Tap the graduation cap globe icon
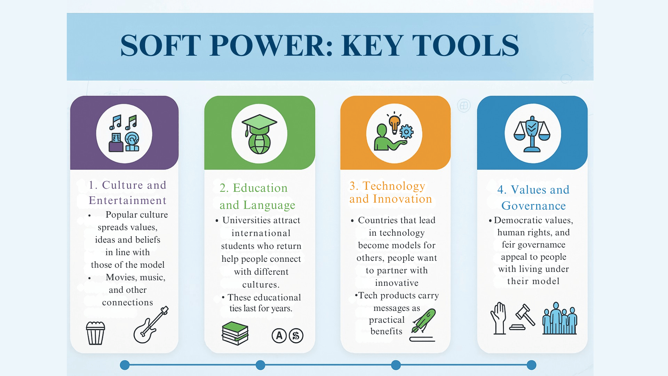pyautogui.click(x=259, y=134)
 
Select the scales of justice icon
pyautogui.click(x=532, y=134)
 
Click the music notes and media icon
pyautogui.click(x=124, y=133)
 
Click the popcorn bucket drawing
pyautogui.click(x=95, y=333)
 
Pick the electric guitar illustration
pyautogui.click(x=151, y=324)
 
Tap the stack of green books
pyautogui.click(x=235, y=333)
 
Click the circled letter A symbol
pyautogui.click(x=279, y=336)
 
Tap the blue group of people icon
pyautogui.click(x=559, y=318)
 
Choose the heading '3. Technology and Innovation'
pyautogui.click(x=391, y=192)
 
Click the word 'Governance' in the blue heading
pyautogui.click(x=533, y=206)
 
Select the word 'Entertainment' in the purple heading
pyautogui.click(x=128, y=200)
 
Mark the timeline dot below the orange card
pyautogui.click(x=396, y=365)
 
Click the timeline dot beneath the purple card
pyautogui.click(x=125, y=365)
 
